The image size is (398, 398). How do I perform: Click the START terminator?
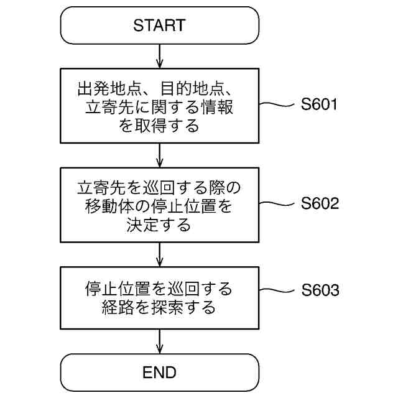(x=159, y=25)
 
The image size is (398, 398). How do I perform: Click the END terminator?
(x=159, y=373)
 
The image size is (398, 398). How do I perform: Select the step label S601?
(x=319, y=104)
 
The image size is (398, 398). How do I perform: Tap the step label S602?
(x=320, y=203)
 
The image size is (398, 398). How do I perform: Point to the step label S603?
(x=320, y=290)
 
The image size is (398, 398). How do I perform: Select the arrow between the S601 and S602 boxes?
(x=160, y=155)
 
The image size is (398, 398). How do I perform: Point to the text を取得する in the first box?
(x=159, y=126)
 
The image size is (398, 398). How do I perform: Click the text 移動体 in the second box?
(x=106, y=206)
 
